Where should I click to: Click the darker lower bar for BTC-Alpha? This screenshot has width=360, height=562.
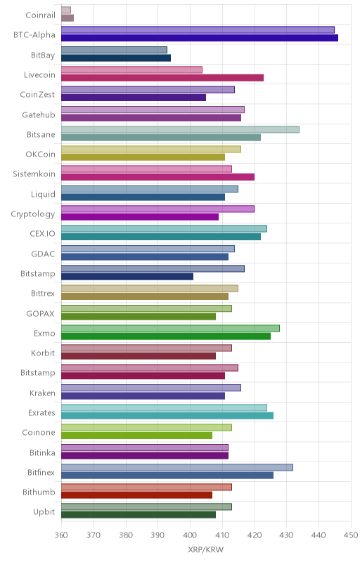click(x=200, y=38)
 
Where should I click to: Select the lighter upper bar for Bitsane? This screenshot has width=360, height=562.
click(x=181, y=129)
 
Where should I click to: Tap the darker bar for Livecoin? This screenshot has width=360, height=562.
click(x=162, y=78)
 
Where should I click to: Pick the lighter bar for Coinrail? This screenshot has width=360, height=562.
click(x=66, y=10)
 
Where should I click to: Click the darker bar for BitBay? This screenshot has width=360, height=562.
click(x=116, y=58)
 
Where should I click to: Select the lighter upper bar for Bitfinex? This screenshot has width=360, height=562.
click(x=177, y=467)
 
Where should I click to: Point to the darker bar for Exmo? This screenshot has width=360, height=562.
click(x=166, y=336)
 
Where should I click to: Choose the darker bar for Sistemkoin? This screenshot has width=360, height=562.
click(x=157, y=177)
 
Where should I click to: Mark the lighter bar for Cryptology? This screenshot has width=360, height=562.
click(x=157, y=209)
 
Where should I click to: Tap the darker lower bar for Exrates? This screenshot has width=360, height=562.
click(x=167, y=416)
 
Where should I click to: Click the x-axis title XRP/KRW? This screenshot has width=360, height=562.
click(x=206, y=550)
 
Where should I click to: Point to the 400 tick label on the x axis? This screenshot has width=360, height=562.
click(x=190, y=535)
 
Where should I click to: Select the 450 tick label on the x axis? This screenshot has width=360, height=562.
click(x=351, y=535)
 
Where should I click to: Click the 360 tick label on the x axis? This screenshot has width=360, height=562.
click(x=61, y=535)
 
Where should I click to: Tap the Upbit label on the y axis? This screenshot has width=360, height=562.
click(x=44, y=512)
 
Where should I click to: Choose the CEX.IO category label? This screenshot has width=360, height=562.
click(x=43, y=234)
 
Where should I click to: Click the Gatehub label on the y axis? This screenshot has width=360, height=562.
click(x=39, y=115)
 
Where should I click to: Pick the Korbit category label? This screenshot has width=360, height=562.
click(x=43, y=353)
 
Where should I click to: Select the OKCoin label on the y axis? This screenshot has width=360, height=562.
click(x=41, y=154)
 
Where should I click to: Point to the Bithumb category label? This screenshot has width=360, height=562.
click(x=39, y=492)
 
